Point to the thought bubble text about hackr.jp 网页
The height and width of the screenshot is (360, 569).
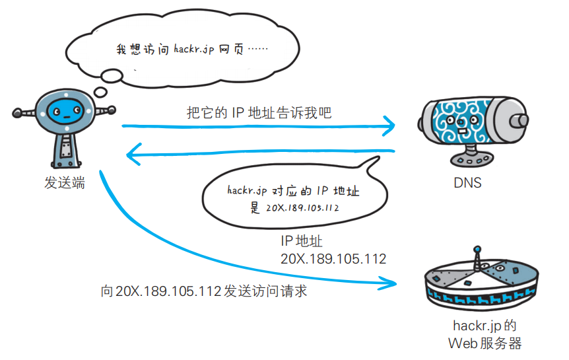click(184, 50)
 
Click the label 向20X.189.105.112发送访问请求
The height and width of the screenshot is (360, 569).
click(204, 291)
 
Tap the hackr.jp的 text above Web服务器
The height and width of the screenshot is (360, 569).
click(485, 326)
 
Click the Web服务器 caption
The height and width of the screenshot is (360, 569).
click(485, 343)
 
